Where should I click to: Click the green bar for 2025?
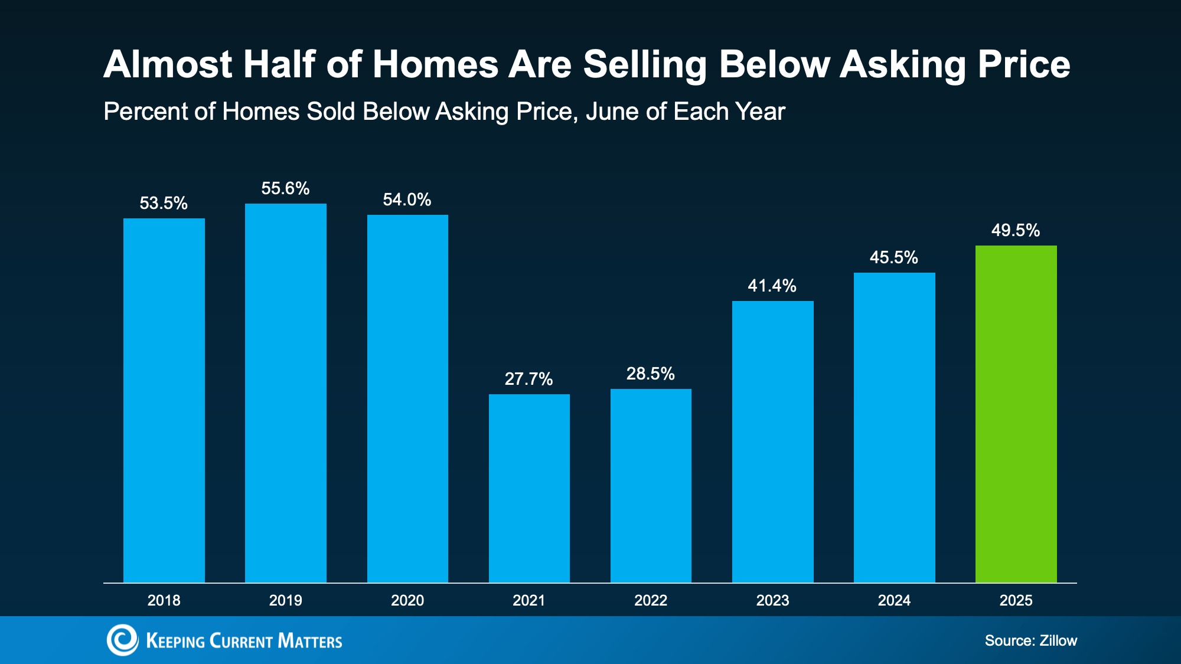click(x=1016, y=413)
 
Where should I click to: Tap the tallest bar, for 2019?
click(x=286, y=392)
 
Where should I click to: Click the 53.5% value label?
click(x=164, y=203)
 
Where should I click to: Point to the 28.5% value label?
click(x=650, y=374)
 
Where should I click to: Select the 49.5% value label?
click(x=1015, y=230)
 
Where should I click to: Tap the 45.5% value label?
click(x=893, y=257)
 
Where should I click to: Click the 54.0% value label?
click(x=407, y=199)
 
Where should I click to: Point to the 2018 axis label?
click(x=164, y=600)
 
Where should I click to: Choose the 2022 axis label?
click(x=650, y=600)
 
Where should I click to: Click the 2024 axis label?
click(x=894, y=600)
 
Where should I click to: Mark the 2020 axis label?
click(x=407, y=600)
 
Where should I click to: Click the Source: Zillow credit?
click(x=1030, y=640)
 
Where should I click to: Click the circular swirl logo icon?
click(x=122, y=640)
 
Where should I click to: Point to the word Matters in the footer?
click(x=309, y=641)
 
